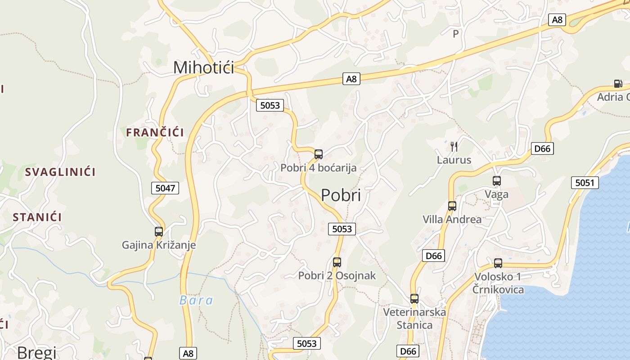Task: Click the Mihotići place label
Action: (203, 67)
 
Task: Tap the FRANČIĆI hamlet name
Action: (155, 132)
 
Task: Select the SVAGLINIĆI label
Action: (60, 172)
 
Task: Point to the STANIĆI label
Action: (37, 217)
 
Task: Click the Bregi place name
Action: (37, 352)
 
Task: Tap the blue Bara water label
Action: (196, 300)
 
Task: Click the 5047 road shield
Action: (165, 188)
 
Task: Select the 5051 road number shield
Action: (585, 183)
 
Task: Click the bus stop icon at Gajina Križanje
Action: (159, 232)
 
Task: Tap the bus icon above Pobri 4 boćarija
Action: (319, 154)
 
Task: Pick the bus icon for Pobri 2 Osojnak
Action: (337, 262)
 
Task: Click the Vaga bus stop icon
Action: (497, 181)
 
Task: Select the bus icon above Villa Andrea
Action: (452, 206)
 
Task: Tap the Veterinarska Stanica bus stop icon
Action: (414, 298)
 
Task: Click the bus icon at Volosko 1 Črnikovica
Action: (498, 263)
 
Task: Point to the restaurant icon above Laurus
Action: (454, 146)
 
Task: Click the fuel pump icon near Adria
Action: (618, 83)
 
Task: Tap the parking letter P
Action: (455, 33)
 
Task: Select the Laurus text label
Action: (454, 160)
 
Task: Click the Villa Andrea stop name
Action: (452, 220)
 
